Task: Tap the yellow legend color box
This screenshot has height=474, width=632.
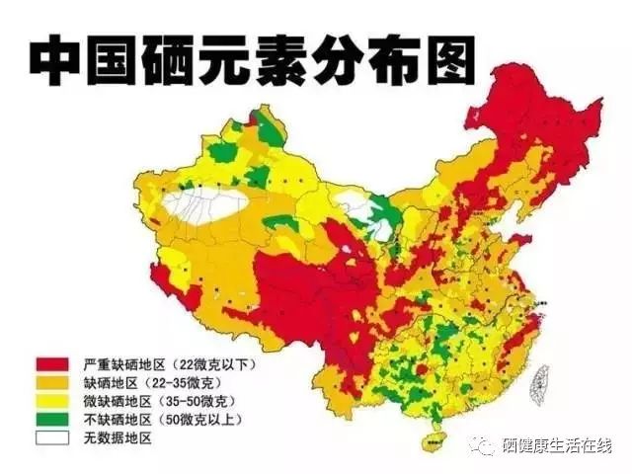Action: coord(52,402)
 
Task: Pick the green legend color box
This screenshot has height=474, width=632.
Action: coord(52,420)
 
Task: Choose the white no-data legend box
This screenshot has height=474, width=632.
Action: coord(52,437)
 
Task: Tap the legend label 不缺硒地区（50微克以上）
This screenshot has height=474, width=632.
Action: coord(159,420)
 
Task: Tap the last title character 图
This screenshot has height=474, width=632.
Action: coord(446,61)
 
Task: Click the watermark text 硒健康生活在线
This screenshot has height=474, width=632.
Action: coord(557,446)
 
